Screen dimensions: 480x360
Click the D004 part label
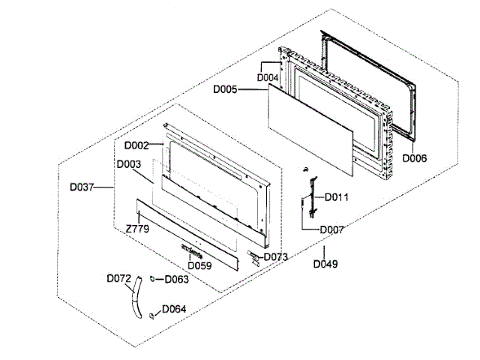click(268, 77)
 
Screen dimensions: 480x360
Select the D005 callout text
click(225, 90)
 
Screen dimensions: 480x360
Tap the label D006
click(414, 158)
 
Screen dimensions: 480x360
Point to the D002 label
click(136, 145)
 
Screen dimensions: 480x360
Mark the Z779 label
click(136, 226)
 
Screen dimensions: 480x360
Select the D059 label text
click(199, 265)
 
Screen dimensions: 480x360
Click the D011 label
click(337, 196)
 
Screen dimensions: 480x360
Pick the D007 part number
click(332, 229)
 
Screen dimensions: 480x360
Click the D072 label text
click(118, 278)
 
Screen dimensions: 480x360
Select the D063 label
click(176, 280)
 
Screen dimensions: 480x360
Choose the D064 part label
click(175, 309)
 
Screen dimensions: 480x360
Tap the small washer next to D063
click(153, 279)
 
